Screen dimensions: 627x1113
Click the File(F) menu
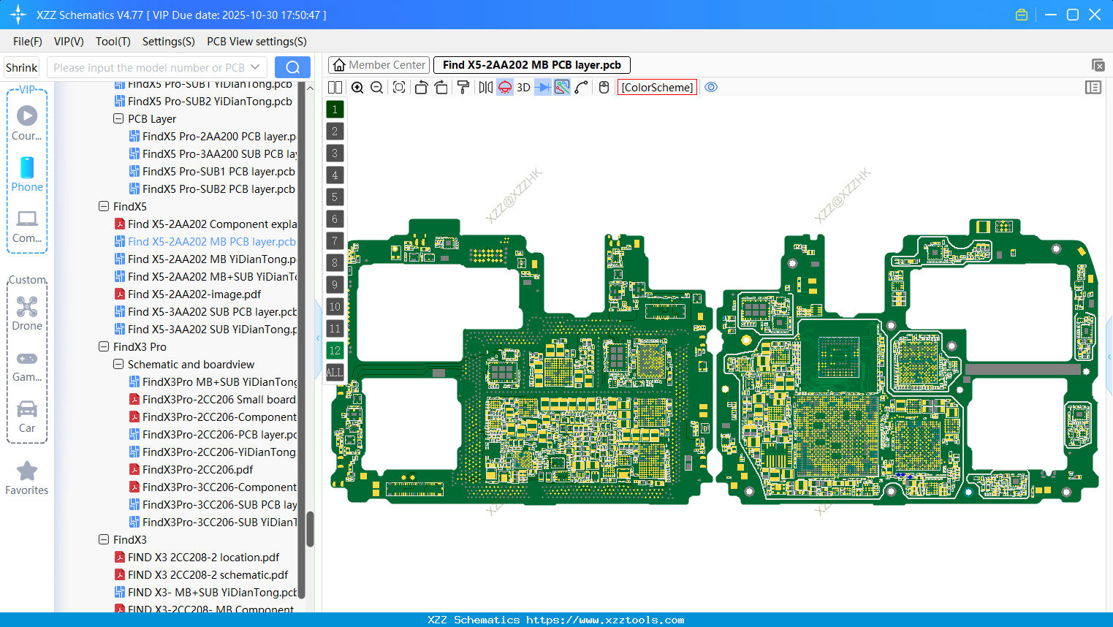click(27, 42)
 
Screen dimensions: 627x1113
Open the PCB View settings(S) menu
click(257, 42)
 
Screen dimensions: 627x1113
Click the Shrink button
click(21, 68)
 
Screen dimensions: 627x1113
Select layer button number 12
click(335, 351)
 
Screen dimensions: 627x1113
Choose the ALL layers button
click(335, 373)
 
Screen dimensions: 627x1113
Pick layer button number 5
click(335, 197)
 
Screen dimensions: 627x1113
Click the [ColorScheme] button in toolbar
click(657, 88)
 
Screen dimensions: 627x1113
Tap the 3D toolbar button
click(523, 88)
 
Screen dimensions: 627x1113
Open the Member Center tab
click(379, 65)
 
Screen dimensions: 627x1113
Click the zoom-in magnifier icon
click(357, 88)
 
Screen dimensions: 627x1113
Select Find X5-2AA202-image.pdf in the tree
click(194, 294)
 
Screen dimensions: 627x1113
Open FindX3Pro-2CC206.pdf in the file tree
click(197, 470)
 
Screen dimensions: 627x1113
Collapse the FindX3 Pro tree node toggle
click(104, 347)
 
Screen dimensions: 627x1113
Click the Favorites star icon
click(27, 471)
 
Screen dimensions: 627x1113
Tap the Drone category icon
click(27, 307)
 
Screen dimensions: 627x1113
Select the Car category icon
click(27, 409)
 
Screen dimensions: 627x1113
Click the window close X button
click(1095, 15)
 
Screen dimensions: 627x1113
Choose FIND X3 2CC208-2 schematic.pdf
click(208, 575)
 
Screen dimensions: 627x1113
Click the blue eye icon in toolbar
click(711, 88)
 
